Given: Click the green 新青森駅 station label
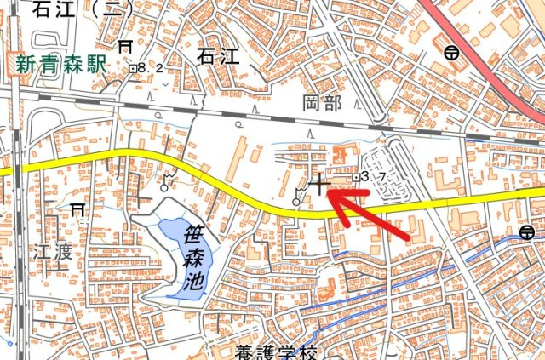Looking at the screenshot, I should (59, 62).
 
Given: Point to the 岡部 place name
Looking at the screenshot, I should (322, 105).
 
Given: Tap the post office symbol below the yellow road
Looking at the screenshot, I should (527, 231).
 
